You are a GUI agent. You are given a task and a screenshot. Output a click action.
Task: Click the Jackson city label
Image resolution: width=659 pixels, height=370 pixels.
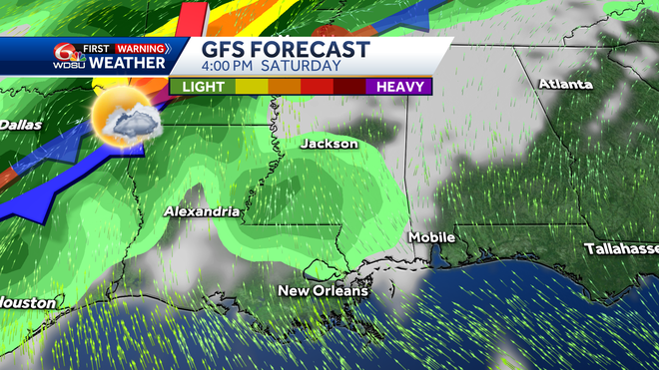point(329,144)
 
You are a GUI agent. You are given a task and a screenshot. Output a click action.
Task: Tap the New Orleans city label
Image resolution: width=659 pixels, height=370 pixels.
point(323,291)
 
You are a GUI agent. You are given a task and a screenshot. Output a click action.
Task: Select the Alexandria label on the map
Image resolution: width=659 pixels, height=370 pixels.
point(202,211)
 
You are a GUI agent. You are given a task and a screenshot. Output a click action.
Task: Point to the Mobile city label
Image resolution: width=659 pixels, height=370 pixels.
point(431,237)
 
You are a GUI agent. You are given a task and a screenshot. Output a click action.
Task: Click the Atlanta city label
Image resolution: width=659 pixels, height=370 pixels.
point(565,84)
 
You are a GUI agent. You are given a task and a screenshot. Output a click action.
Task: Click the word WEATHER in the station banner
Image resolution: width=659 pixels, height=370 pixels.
point(129,62)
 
